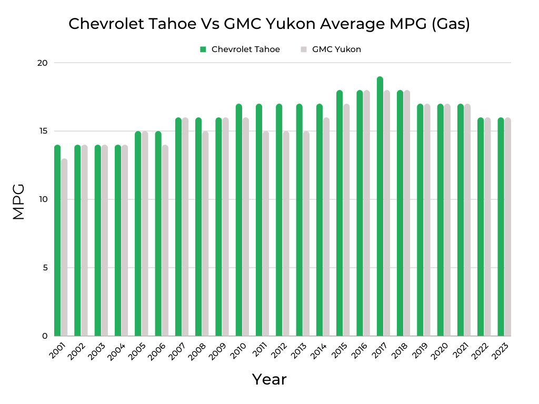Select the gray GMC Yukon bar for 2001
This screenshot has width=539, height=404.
(64, 247)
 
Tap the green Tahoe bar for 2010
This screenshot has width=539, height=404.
(239, 221)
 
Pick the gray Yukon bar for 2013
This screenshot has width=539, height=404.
(306, 234)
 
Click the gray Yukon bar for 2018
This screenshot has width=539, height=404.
(407, 216)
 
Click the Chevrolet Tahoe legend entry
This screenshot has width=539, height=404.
(240, 49)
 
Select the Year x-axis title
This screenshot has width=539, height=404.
(269, 379)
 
